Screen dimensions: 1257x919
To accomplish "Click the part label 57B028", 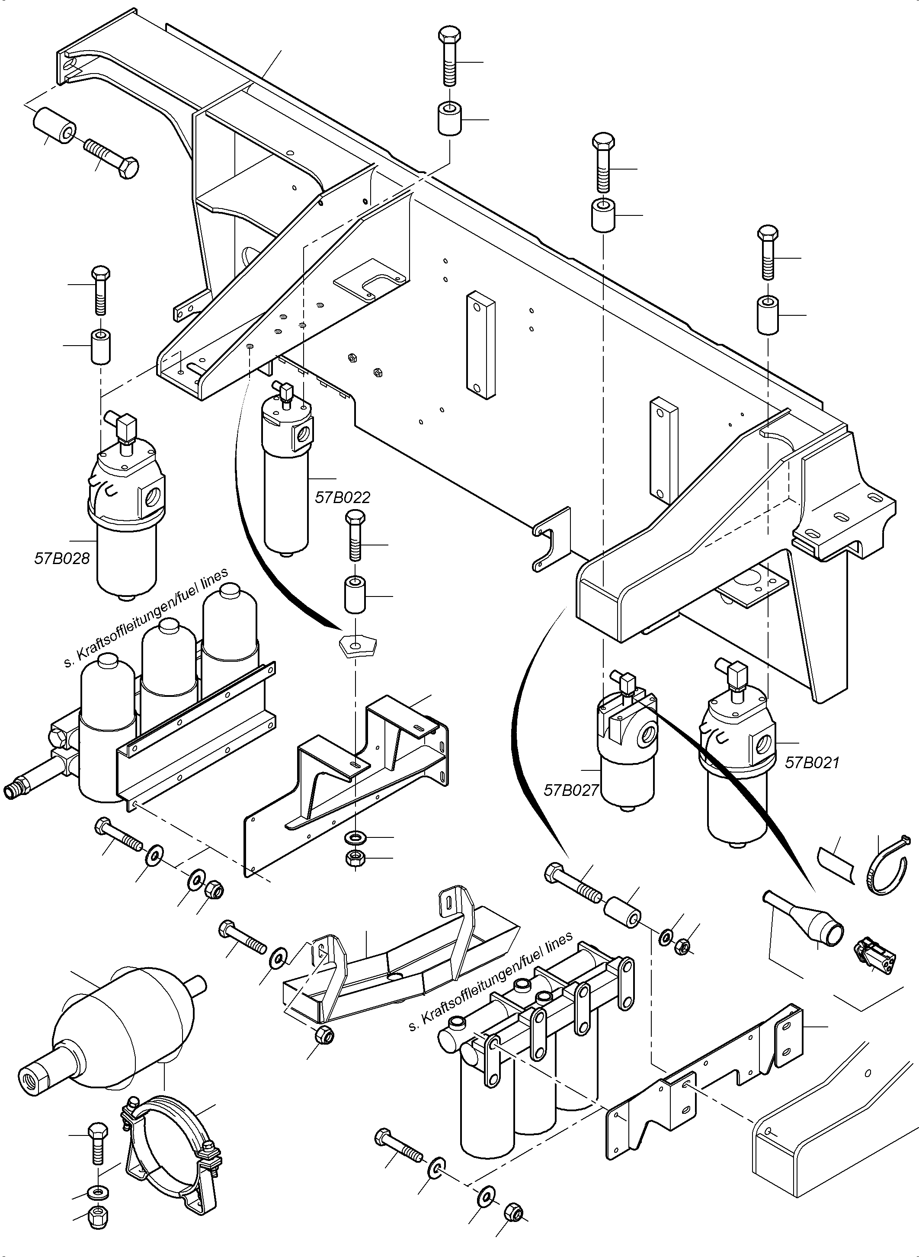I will point(62,558).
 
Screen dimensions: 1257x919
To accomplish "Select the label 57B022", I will point(342,497).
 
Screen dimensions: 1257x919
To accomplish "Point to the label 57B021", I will point(812,762).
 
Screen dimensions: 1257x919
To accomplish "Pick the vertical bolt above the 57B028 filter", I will point(100,289).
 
